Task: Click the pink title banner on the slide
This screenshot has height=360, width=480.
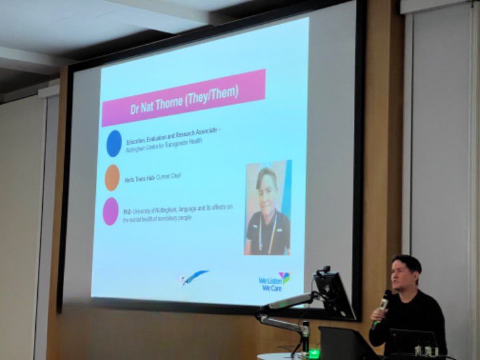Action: (x=183, y=98)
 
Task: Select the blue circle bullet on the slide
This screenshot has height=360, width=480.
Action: (x=114, y=143)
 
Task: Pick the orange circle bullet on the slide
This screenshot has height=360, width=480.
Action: (x=112, y=177)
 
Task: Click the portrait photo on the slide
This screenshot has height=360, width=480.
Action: (x=267, y=208)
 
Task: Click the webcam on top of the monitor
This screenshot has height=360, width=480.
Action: (x=324, y=271)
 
